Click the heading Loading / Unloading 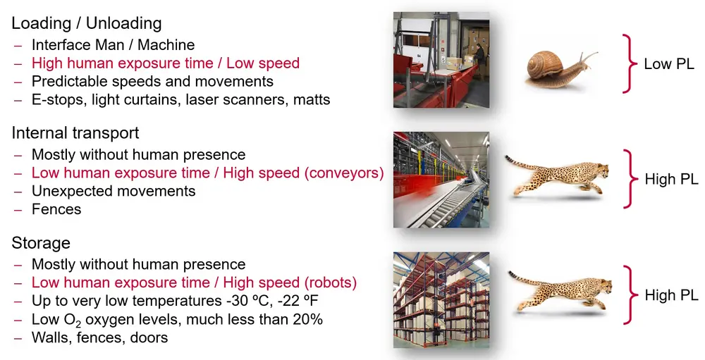(86, 23)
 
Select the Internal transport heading (75, 133)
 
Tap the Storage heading (41, 243)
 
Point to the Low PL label (669, 64)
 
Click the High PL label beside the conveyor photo (671, 180)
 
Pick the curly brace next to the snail (630, 63)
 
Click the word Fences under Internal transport (56, 209)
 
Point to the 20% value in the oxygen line (306, 320)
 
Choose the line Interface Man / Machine (114, 45)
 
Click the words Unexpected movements (114, 192)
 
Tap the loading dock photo (441, 60)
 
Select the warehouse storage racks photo (441, 300)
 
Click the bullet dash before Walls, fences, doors (18, 338)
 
